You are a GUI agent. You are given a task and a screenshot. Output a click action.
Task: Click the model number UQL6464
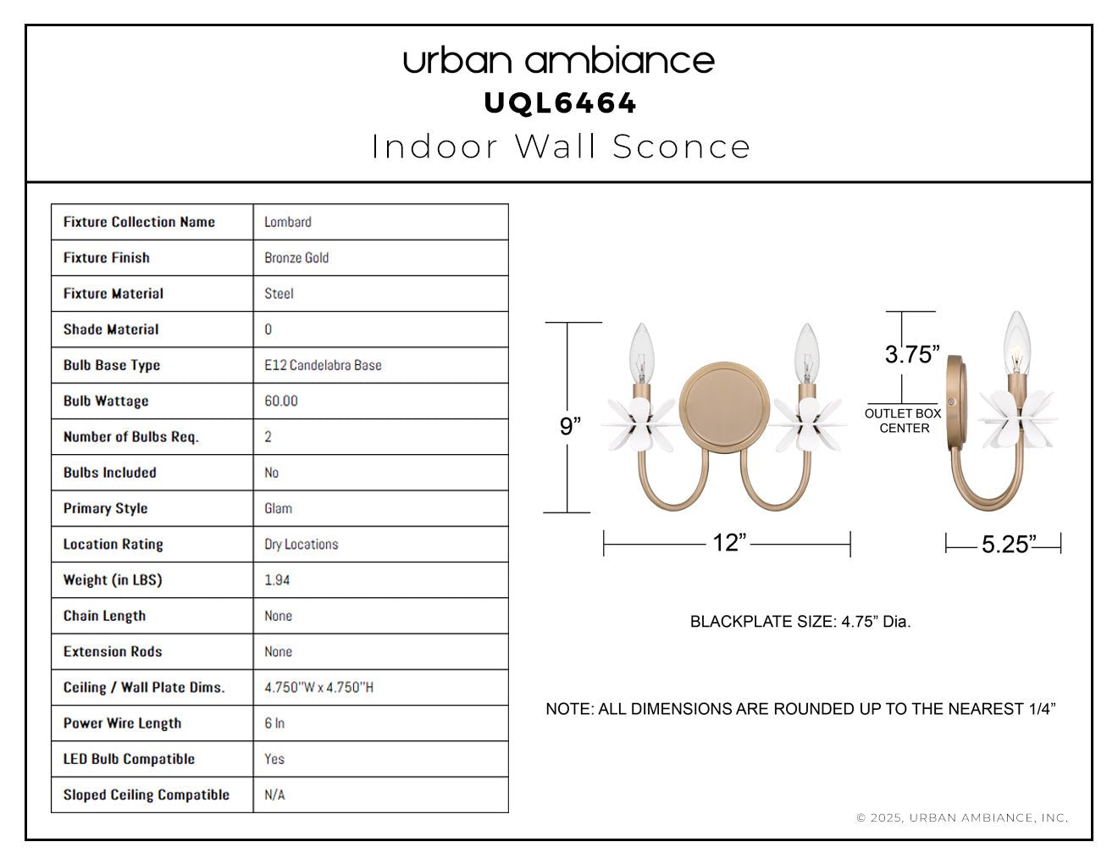560,103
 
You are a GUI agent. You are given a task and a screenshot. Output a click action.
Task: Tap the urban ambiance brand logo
559,61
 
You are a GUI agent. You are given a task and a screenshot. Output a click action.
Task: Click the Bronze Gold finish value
296,258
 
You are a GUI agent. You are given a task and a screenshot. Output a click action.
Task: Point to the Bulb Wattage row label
106,401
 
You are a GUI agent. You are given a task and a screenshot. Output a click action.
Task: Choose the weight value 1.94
277,580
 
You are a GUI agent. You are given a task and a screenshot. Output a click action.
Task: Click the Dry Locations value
302,545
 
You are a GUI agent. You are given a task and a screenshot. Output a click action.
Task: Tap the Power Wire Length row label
123,723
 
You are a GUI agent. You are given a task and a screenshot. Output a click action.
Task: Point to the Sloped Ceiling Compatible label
147,795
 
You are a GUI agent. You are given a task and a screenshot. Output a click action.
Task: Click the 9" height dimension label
570,426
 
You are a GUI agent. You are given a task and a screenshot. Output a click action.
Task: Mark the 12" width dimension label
729,542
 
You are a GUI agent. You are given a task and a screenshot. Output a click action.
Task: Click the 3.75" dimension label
912,354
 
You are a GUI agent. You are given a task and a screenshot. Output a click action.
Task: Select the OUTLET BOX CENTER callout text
903,420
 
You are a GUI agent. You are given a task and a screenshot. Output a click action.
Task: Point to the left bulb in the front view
641,355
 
